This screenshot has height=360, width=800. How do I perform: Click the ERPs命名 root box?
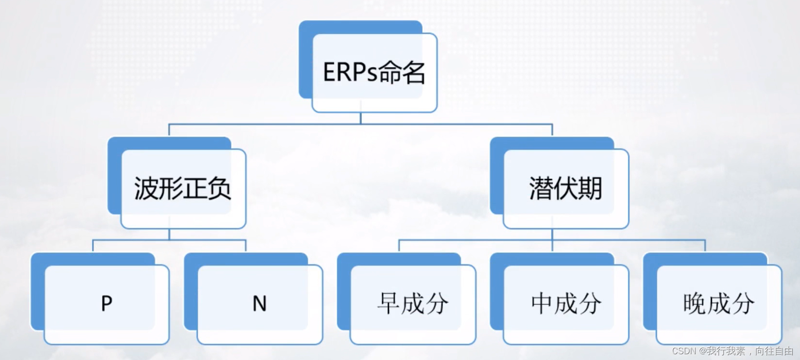(374, 72)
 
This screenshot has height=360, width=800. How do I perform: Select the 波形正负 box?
(183, 188)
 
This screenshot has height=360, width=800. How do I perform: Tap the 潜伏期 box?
(565, 188)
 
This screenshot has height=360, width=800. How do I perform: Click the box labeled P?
(107, 304)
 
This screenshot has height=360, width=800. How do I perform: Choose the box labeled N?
(260, 304)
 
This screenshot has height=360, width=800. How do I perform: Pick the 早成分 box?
(413, 304)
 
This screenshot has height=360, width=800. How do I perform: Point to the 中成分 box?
(566, 304)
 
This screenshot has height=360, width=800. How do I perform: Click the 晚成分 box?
(719, 304)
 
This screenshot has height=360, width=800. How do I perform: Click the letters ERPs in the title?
(350, 72)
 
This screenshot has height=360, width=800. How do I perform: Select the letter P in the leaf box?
(107, 304)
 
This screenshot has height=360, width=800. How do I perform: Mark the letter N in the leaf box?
(260, 304)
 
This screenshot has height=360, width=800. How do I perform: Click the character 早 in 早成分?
(389, 304)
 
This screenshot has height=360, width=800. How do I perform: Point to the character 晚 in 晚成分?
(694, 304)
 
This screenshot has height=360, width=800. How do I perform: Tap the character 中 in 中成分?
(542, 304)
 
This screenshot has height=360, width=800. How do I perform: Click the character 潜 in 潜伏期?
(541, 188)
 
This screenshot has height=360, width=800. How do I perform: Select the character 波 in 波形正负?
(146, 188)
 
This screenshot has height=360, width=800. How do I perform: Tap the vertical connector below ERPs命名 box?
(361, 118)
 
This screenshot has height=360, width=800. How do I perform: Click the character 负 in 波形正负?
(219, 188)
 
